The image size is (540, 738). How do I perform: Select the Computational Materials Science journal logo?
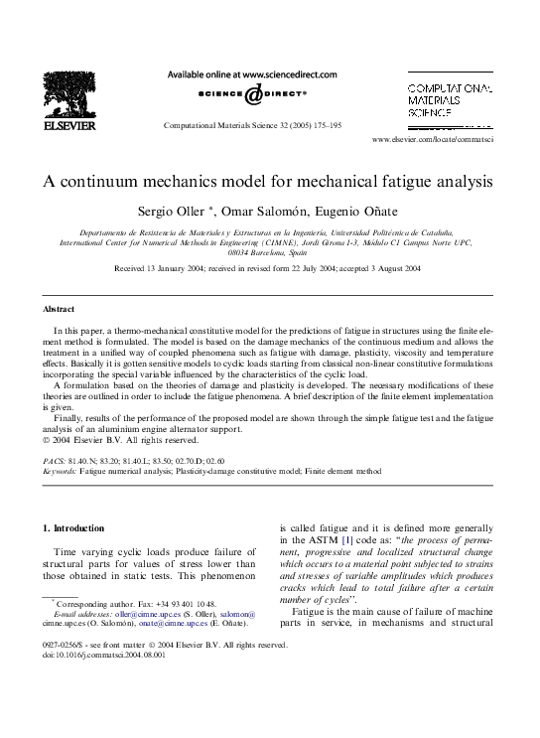click(x=449, y=103)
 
